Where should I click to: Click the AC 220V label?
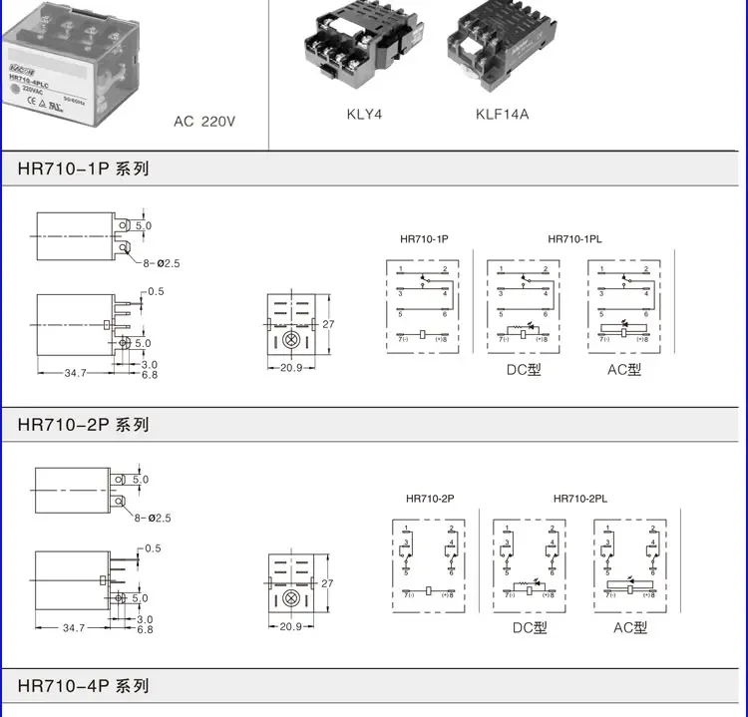click(x=204, y=122)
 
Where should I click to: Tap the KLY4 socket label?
click(x=364, y=114)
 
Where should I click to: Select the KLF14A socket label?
click(x=502, y=114)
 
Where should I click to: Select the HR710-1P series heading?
click(x=83, y=169)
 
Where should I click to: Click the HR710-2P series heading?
click(x=83, y=425)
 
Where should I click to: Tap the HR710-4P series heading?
click(x=83, y=686)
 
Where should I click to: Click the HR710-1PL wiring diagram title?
click(x=575, y=239)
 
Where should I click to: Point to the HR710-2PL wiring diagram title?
click(x=580, y=499)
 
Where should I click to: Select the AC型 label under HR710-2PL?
click(x=629, y=627)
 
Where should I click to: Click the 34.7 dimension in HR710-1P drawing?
click(x=75, y=373)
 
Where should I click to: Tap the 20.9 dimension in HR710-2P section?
click(x=290, y=627)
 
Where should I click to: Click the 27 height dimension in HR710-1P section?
click(x=326, y=324)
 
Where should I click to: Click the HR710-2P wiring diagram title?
click(x=430, y=499)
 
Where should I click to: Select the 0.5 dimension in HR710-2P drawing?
click(x=153, y=548)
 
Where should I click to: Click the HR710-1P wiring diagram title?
click(x=425, y=239)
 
